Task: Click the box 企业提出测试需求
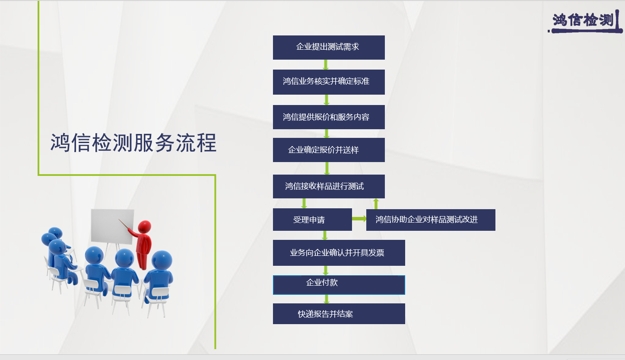[329, 48]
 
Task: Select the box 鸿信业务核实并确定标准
[329, 82]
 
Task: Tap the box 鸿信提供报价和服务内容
[329, 117]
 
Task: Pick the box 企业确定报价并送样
[329, 150]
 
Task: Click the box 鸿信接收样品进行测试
[329, 186]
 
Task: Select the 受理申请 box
[313, 220]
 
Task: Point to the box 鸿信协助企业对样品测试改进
[431, 220]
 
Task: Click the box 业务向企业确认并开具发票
[339, 253]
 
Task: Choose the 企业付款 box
[339, 285]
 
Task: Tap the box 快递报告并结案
[339, 314]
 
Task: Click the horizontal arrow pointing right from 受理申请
[359, 219]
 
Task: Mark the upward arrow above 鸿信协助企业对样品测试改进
[376, 204]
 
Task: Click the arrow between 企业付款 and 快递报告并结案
[327, 299]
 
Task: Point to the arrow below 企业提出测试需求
[326, 65]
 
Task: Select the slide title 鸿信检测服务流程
[133, 143]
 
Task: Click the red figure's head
[145, 226]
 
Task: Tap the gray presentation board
[112, 226]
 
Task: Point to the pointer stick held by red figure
[124, 224]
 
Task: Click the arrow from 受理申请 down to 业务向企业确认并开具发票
[324, 236]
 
